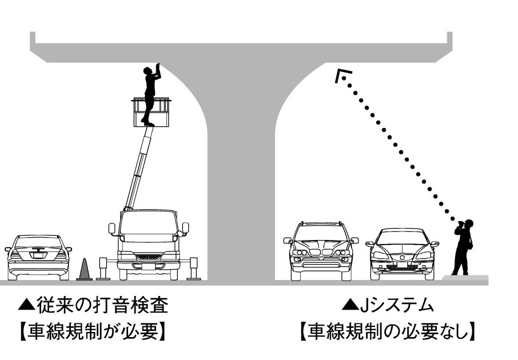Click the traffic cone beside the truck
pyautogui.click(x=85, y=270)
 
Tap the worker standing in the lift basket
pyautogui.click(x=150, y=94)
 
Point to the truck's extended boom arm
pyautogui.click(x=139, y=169)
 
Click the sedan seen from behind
pyautogui.click(x=38, y=257)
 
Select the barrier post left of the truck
pyautogui.click(x=103, y=269)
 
